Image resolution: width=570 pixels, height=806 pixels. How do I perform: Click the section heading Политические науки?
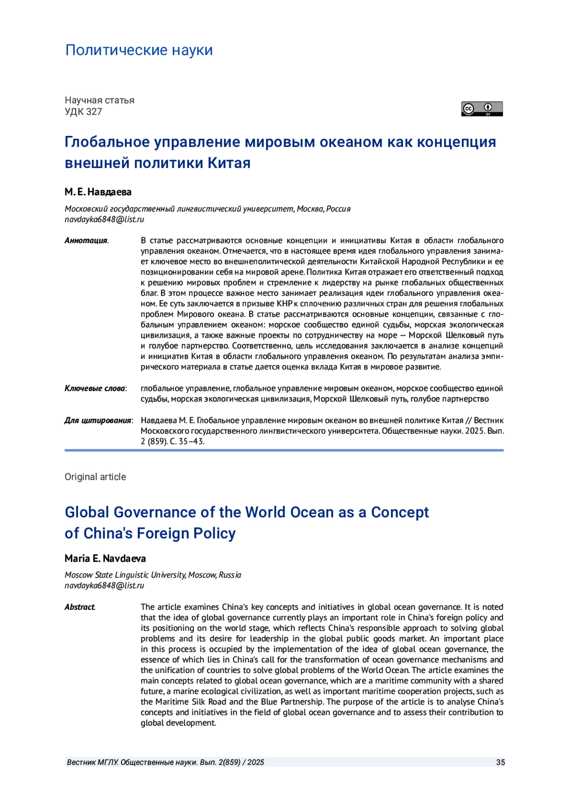139,50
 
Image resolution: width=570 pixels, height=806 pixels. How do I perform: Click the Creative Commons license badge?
482,109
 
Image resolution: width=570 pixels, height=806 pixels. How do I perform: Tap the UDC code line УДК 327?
83,112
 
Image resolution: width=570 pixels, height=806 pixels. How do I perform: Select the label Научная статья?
99,100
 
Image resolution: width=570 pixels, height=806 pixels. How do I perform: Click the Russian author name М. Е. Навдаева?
98,192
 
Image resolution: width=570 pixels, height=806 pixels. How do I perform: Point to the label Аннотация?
86,240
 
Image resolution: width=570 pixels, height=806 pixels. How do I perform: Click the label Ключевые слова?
95,389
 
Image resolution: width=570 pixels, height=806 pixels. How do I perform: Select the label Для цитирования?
98,420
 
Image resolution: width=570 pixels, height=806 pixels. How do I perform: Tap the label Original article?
95,477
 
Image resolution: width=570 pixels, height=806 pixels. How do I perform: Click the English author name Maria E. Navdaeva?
105,558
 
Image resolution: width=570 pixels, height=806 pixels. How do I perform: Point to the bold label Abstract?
79,607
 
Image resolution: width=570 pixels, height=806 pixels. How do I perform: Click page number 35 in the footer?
500,762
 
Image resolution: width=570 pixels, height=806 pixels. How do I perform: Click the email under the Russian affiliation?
104,219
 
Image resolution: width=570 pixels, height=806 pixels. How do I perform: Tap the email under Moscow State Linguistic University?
104,586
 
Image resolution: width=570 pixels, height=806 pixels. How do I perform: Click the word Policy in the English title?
214,533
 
